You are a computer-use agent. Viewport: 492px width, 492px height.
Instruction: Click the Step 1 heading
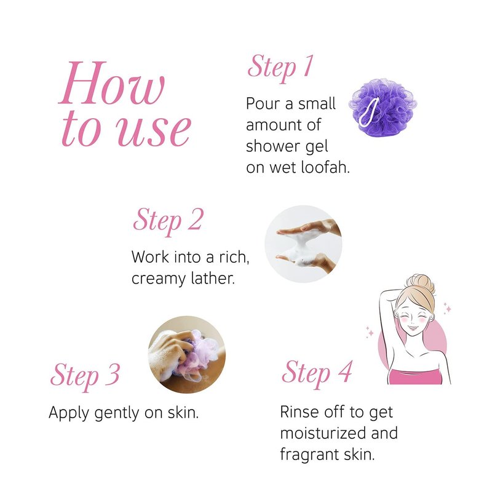coord(280,68)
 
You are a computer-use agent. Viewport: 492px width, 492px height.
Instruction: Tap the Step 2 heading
coord(168,221)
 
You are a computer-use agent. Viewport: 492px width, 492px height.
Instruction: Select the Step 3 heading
coord(85,376)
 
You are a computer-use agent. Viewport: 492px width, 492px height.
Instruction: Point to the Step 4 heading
coord(317,373)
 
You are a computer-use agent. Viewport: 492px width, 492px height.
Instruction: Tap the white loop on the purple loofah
coord(369,112)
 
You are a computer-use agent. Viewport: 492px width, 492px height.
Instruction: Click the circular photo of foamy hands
coord(303,244)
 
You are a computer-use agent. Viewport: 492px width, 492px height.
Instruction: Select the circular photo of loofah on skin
coord(187,355)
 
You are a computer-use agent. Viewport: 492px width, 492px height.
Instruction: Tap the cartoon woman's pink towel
coord(415,376)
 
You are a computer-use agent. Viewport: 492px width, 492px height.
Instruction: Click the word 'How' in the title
coord(112,83)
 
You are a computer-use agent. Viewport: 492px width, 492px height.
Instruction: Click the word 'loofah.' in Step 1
coord(325,167)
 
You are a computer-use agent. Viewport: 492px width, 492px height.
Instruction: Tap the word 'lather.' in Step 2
coord(208,278)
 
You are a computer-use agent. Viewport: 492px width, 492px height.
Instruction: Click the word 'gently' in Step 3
coord(117,413)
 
